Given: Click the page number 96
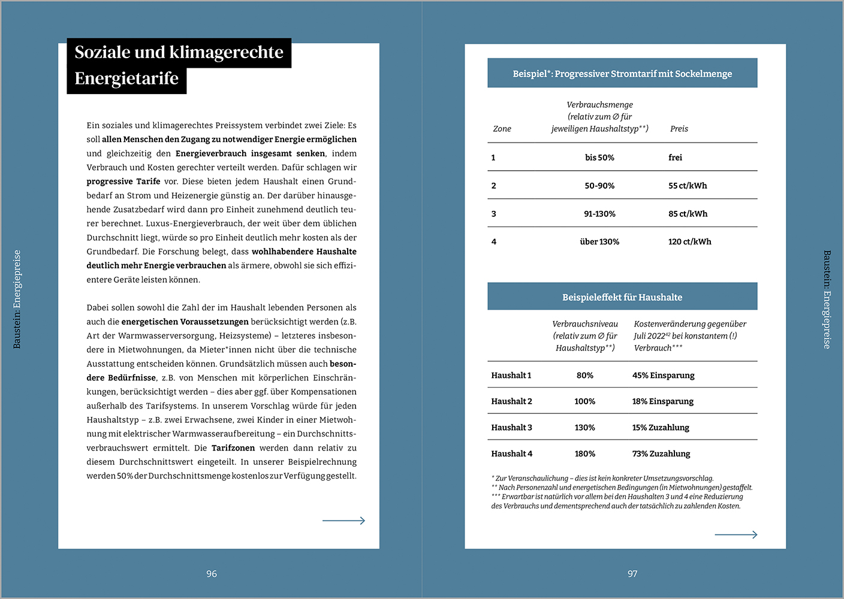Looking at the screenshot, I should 212,574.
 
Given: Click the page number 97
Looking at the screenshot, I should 632,574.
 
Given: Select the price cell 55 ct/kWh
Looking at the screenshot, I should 688,186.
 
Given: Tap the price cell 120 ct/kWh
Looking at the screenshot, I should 689,242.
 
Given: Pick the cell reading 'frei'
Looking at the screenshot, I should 675,158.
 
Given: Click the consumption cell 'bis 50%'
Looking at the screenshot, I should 599,158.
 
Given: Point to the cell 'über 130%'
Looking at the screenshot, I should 599,242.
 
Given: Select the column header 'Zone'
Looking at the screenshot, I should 502,129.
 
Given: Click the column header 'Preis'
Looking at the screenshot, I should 679,129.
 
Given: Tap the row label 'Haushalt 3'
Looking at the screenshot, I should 511,428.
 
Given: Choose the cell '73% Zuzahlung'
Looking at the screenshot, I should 661,454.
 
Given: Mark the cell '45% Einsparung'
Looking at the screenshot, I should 663,376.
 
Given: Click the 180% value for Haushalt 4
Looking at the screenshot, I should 584,454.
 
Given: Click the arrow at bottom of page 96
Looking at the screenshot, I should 343,521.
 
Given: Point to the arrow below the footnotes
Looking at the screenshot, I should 736,534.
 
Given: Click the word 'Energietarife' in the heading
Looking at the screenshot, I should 126,78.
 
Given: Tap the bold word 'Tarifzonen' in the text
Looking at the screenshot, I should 233,448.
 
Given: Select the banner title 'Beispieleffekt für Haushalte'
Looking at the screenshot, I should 622,297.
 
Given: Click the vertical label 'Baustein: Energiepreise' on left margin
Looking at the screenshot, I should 17,299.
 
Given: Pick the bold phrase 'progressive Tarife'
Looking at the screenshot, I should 123,181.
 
